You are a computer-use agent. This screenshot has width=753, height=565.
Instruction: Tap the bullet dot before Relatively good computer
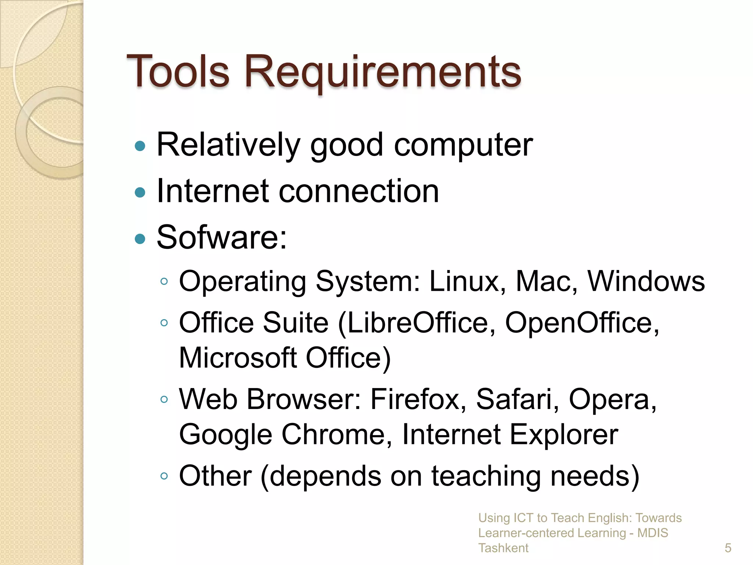(140, 146)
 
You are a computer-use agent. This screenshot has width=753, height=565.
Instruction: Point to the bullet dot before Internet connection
(140, 192)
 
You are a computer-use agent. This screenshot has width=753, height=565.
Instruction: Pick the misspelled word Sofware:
(222, 237)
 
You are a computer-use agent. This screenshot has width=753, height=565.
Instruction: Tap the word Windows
(646, 281)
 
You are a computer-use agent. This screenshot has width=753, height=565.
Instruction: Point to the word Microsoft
(238, 358)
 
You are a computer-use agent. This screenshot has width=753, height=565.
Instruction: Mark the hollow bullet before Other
(164, 476)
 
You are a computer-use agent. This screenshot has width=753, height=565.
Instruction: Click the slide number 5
(728, 548)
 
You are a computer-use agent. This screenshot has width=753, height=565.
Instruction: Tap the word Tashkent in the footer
(503, 548)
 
